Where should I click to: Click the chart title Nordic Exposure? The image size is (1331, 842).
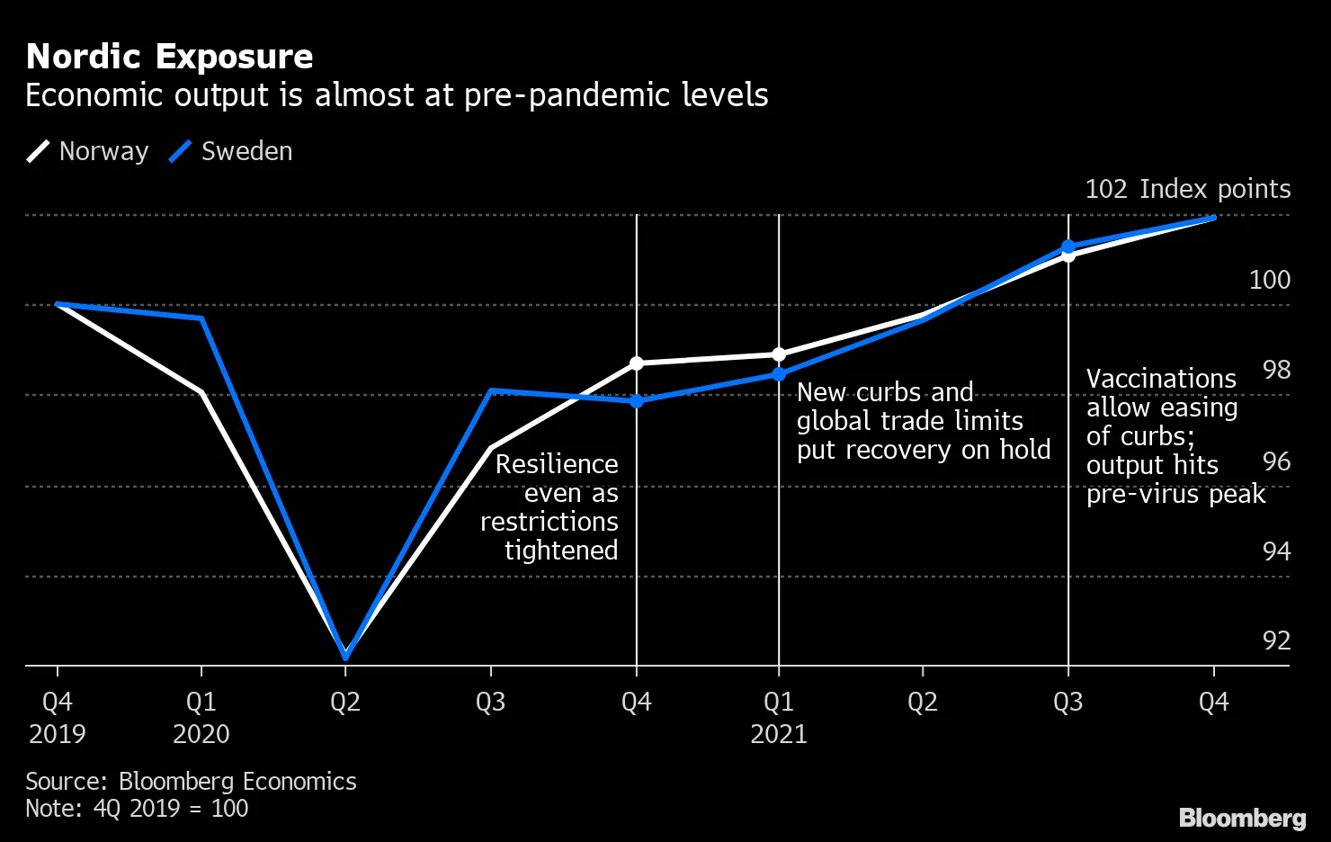[x=170, y=57]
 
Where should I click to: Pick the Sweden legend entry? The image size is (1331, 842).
[x=231, y=151]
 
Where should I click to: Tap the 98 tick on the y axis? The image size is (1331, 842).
[x=1276, y=370]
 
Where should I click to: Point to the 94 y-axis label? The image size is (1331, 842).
[x=1276, y=551]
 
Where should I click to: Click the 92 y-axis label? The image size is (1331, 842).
[x=1276, y=640]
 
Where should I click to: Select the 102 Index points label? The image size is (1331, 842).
[x=1187, y=189]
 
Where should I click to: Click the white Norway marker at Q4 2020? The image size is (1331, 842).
[x=637, y=363]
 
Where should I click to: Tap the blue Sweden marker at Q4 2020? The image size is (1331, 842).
[x=637, y=401]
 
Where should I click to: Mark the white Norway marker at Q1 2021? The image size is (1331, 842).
[x=779, y=354]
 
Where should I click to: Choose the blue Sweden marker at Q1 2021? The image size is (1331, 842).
[x=779, y=374]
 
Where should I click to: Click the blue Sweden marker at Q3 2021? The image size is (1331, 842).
[x=1068, y=246]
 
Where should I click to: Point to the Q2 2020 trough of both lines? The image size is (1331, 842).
[x=345, y=656]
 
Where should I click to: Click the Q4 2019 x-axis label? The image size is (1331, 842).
[x=58, y=717]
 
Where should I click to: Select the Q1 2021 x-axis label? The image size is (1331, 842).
[x=779, y=717]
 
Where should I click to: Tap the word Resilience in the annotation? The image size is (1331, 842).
[x=557, y=464]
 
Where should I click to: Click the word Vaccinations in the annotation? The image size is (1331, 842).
[x=1161, y=379]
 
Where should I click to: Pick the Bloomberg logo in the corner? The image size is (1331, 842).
[x=1242, y=818]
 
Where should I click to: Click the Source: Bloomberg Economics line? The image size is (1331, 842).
[x=191, y=781]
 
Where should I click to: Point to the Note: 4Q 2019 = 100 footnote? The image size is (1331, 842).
[x=137, y=808]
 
